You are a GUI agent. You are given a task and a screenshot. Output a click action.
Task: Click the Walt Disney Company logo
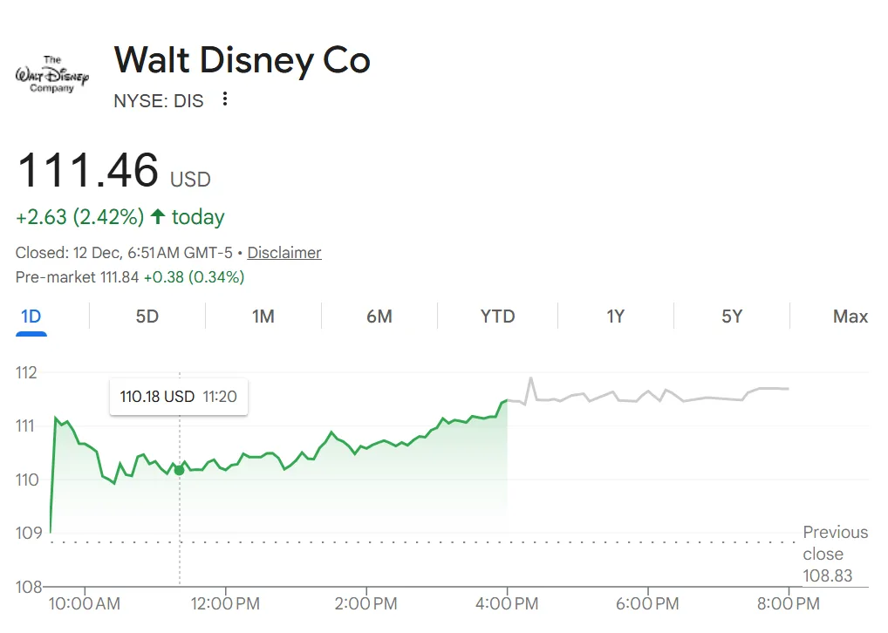[x=52, y=75]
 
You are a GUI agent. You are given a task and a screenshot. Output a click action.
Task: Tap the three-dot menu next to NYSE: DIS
[x=225, y=99]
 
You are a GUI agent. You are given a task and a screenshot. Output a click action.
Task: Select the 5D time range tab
[x=147, y=316]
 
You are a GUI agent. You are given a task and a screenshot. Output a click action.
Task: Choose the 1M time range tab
[x=263, y=316]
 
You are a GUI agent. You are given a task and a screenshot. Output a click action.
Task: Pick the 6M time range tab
[x=379, y=316]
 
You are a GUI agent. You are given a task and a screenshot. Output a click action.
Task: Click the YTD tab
[x=498, y=316]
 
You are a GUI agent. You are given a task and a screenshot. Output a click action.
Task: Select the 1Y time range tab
[x=616, y=316]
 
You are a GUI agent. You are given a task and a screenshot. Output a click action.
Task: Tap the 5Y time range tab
[x=732, y=316]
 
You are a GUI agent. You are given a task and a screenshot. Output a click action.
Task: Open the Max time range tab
[x=850, y=316]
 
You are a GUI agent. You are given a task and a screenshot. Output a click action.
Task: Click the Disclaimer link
[x=284, y=253]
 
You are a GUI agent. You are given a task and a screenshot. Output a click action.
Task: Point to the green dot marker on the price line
[x=180, y=470]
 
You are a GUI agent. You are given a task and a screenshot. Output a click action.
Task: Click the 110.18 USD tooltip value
[x=157, y=397]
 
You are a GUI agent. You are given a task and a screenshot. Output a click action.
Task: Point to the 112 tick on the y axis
[x=27, y=373]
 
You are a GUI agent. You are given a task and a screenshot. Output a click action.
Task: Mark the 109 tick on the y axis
[x=27, y=533]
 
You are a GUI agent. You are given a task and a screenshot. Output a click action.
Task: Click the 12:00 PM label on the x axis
[x=225, y=603]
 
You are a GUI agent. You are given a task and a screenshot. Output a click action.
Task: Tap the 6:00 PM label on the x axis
[x=648, y=603]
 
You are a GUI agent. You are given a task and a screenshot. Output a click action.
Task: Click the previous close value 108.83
[x=828, y=575]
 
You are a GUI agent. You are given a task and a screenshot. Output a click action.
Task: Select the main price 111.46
[x=88, y=170]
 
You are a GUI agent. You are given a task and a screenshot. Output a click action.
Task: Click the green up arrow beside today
[x=158, y=217]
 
